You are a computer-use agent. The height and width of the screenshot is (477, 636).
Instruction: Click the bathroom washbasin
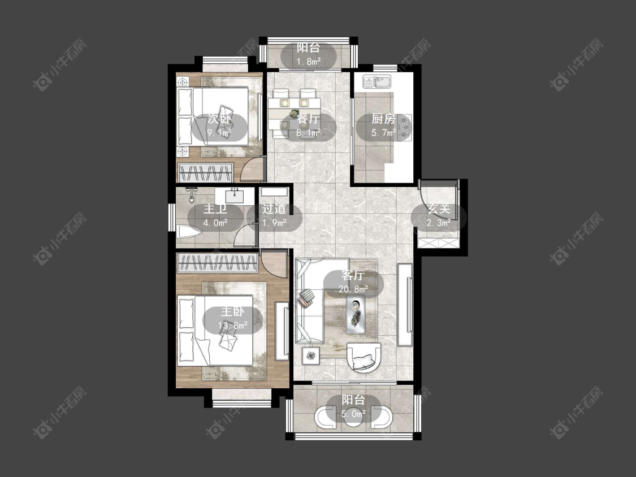click(x=235, y=196)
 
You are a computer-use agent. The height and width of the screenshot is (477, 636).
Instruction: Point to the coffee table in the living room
click(x=356, y=314)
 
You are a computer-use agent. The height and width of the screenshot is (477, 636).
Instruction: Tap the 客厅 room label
click(x=352, y=275)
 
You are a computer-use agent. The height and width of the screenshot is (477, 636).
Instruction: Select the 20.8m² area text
click(x=353, y=289)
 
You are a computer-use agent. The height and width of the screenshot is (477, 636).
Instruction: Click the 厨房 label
click(x=383, y=119)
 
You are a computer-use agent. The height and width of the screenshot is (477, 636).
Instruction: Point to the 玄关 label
click(x=439, y=209)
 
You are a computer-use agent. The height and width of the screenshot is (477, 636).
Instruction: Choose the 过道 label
click(x=274, y=209)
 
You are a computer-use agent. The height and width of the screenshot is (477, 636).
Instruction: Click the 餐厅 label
click(x=308, y=119)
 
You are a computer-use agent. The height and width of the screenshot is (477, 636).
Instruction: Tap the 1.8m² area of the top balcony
click(x=308, y=62)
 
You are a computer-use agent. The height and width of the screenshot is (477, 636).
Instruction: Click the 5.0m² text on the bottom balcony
click(x=353, y=414)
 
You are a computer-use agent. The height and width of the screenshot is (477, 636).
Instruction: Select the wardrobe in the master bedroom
click(x=218, y=263)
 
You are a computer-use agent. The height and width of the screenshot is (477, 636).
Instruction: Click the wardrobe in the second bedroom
click(x=206, y=173)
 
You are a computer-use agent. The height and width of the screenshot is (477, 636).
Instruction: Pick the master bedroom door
click(x=274, y=263)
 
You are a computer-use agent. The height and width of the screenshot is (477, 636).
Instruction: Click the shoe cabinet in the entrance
click(x=439, y=244)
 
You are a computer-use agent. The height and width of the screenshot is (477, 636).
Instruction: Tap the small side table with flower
click(x=310, y=356)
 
